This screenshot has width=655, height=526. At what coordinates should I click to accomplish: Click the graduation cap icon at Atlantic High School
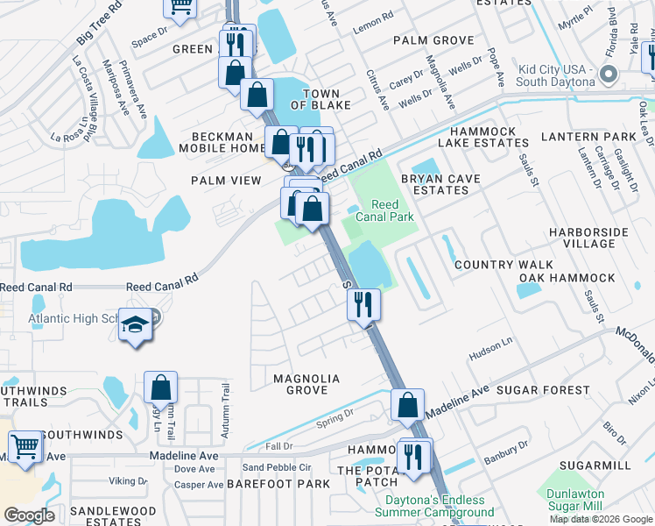pyautogui.click(x=134, y=326)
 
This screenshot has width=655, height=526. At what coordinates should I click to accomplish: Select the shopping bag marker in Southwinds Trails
pyautogui.click(x=161, y=387)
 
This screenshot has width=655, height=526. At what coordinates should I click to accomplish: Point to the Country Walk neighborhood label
pyautogui.click(x=503, y=264)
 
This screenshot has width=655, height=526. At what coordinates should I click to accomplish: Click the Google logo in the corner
pyautogui.click(x=29, y=515)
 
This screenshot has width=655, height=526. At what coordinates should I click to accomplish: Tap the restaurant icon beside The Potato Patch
pyautogui.click(x=413, y=456)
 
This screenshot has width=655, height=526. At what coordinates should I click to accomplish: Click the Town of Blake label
pyautogui.click(x=327, y=99)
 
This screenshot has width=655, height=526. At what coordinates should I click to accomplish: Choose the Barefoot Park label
pyautogui.click(x=278, y=483)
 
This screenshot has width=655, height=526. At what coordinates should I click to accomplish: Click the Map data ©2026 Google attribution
pyautogui.click(x=601, y=519)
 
